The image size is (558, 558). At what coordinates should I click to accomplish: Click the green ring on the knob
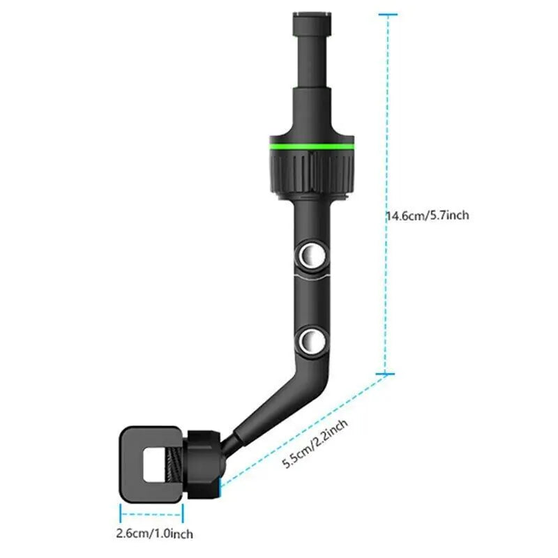pyautogui.click(x=311, y=146)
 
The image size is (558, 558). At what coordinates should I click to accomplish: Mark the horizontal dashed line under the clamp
pyautogui.click(x=151, y=514)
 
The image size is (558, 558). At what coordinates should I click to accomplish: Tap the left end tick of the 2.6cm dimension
pyautogui.click(x=121, y=514)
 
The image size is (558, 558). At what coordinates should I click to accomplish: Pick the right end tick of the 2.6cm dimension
pyautogui.click(x=183, y=514)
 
